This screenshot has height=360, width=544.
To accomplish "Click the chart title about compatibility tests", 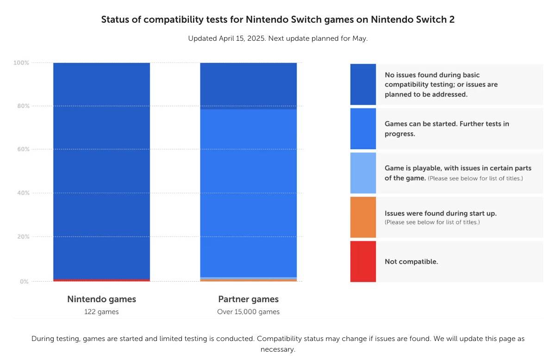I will tap(278, 19).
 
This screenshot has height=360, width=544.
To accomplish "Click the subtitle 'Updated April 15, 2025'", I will tap(278, 38).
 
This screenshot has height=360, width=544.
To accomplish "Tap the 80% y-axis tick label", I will tap(22, 106).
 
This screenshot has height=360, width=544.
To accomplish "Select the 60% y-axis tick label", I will tap(22, 149).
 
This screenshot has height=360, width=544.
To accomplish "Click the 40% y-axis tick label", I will tap(22, 193).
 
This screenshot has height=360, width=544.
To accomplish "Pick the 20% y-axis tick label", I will tap(22, 236).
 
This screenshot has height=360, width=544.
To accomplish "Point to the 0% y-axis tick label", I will tap(23, 281).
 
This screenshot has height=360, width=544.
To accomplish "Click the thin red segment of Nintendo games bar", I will tap(101, 280).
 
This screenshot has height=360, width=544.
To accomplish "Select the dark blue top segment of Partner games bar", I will tap(248, 86).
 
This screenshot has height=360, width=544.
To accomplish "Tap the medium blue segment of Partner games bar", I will tap(248, 192).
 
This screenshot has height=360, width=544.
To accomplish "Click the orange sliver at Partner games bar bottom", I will tap(248, 280).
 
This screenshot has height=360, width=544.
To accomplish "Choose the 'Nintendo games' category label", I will tap(101, 299).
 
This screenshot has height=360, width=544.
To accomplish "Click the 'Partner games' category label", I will tap(248, 299).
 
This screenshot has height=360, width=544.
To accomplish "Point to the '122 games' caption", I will tap(101, 312).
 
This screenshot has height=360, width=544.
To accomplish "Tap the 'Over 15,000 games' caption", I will tap(248, 312).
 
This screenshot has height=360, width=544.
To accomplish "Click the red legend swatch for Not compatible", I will tap(363, 261).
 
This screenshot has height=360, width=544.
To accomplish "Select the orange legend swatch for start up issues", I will tap(363, 217).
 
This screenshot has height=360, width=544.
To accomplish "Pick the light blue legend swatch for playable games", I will tap(363, 173).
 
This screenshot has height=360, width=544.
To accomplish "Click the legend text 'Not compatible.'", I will tap(411, 262).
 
